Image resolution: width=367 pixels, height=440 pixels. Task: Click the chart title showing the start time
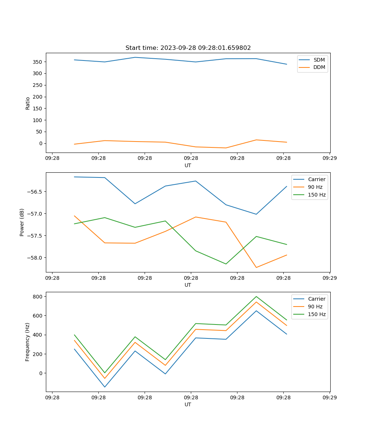point(188,48)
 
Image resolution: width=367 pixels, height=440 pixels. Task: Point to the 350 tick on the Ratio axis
point(38,62)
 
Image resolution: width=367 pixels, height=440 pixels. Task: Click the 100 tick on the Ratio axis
point(38,120)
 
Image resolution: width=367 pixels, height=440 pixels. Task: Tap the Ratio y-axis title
point(28,103)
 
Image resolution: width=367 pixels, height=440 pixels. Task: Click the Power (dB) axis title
point(22,222)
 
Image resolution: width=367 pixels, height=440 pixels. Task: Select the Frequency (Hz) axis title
point(28,342)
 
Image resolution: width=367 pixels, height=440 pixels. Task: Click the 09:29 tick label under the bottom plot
point(330,397)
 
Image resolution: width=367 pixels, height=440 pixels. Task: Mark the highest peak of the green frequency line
point(256,296)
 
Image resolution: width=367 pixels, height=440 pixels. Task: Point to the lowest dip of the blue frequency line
point(105,387)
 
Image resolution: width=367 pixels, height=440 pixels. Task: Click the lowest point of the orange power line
point(256,267)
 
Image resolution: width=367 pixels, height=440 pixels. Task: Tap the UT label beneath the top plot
point(188,165)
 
